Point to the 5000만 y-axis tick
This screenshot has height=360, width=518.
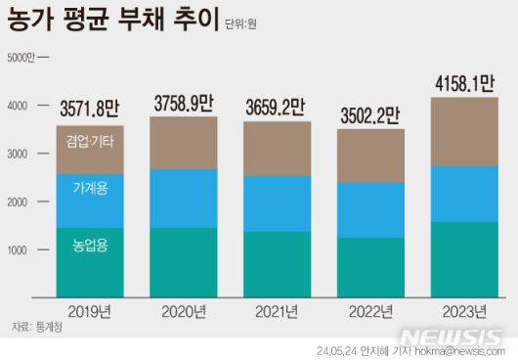[22, 58]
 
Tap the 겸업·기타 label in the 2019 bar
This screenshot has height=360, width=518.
[90, 141]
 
